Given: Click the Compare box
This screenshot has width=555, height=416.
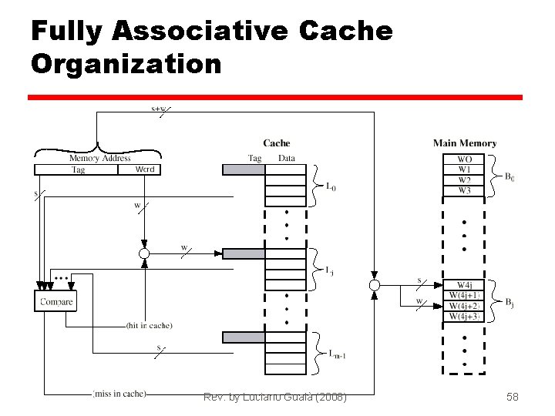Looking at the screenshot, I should click(56, 301).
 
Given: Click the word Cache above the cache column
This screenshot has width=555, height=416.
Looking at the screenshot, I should click(276, 143).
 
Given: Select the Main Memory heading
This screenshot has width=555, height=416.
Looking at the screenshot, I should click(464, 143).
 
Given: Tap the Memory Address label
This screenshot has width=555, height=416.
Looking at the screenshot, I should click(99, 158).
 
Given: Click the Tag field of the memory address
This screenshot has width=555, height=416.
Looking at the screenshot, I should click(78, 169).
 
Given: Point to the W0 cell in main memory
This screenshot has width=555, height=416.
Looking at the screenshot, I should click(465, 160).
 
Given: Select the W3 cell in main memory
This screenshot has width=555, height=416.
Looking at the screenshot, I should click(465, 190).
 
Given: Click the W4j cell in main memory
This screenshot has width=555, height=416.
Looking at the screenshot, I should click(465, 286).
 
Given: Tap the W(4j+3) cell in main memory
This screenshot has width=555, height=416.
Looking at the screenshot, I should click(465, 316).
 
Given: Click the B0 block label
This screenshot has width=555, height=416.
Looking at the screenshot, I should click(510, 176).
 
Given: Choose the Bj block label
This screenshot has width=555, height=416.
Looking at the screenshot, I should click(510, 303).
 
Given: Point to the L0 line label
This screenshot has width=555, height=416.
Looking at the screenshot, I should click(331, 186).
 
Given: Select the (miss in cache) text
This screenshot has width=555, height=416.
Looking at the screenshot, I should click(119, 394).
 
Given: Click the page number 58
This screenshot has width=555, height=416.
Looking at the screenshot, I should click(513, 397).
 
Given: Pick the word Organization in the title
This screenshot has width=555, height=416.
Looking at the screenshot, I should click(126, 62).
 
